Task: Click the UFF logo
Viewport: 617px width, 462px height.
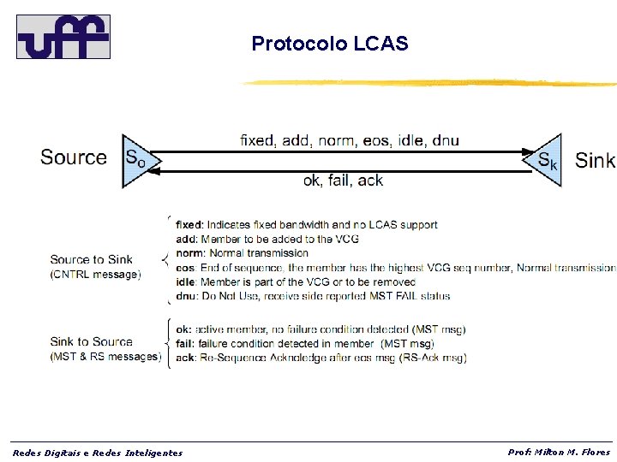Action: pos(63,36)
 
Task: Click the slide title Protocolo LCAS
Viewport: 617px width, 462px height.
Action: pos(330,44)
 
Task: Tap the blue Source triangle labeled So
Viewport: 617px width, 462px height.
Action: pos(135,159)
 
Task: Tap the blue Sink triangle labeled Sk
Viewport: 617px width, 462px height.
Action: pos(547,159)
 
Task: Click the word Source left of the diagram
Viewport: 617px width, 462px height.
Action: pos(74,157)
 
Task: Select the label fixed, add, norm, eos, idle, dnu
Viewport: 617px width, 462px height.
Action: pos(349,139)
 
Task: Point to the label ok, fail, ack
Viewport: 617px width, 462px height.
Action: pos(343,180)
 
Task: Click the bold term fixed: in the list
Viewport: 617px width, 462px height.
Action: pos(189,225)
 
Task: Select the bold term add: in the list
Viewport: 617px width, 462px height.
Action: pos(186,240)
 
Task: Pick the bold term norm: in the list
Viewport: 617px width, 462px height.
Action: pos(189,253)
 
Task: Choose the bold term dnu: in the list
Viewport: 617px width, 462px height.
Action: pos(187,296)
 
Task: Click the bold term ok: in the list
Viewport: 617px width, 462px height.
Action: pos(183,329)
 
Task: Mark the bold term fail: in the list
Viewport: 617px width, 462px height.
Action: pos(185,343)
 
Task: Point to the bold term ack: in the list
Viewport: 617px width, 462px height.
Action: pos(185,358)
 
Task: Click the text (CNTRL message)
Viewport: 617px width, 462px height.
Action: pos(95,275)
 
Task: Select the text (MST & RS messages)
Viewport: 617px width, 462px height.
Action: pos(105,356)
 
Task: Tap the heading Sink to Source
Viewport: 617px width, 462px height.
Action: pos(91,341)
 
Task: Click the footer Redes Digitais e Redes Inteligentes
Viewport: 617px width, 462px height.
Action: pos(98,453)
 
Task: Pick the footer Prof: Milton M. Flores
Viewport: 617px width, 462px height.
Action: pos(559,452)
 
